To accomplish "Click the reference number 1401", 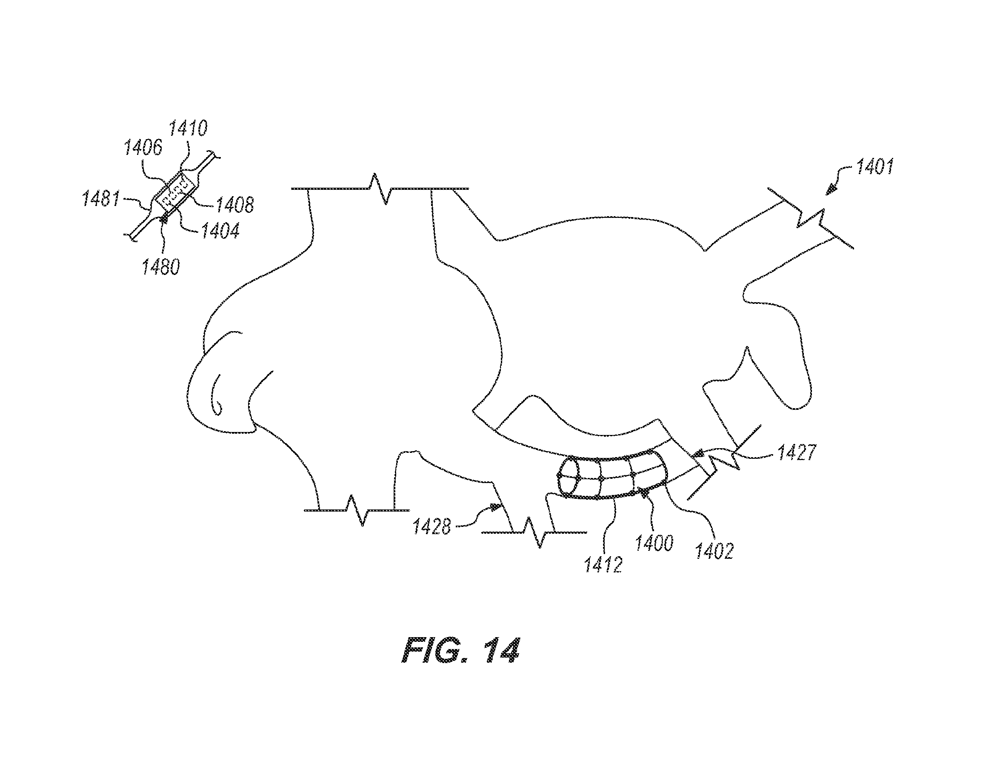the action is pos(875,167).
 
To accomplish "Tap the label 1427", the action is pos(797,452).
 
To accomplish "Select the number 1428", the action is pos(432,526).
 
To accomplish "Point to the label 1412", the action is pos(603,564).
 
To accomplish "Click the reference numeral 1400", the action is pos(654,543).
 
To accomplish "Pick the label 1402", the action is pos(714,551).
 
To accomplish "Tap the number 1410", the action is pos(188,129).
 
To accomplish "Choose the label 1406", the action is pos(143,147).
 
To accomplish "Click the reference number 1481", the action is pos(100,198).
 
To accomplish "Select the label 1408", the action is pos(234,205).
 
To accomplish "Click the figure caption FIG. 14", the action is pos(460,650).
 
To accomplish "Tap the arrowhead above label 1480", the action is pos(164,219).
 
